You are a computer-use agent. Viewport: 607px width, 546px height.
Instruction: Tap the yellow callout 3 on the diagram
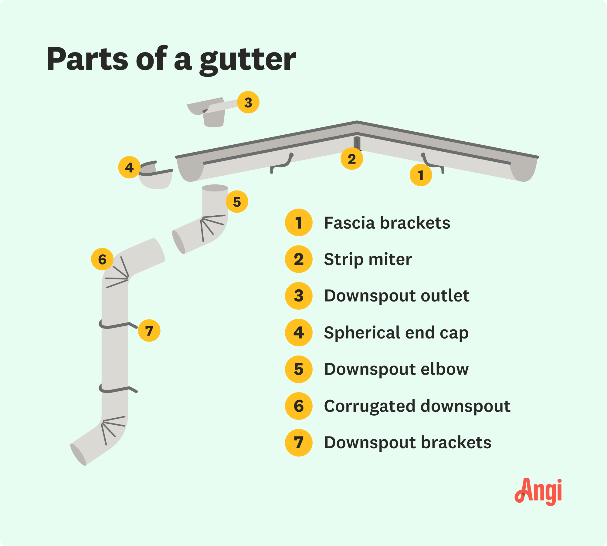(248, 103)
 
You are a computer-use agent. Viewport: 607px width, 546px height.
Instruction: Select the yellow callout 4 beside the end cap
(129, 167)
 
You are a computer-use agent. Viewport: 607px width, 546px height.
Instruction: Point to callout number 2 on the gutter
(352, 159)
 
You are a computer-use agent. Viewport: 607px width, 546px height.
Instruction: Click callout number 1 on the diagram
(421, 175)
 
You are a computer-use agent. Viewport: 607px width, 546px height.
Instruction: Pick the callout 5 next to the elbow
(237, 202)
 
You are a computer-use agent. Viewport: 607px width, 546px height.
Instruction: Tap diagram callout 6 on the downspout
(102, 259)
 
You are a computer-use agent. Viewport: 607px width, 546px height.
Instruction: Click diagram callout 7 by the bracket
(149, 331)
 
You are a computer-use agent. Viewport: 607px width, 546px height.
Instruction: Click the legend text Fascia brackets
(387, 223)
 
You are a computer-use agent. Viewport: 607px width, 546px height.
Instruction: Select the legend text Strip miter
(368, 259)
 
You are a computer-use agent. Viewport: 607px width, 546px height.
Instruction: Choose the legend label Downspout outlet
(397, 296)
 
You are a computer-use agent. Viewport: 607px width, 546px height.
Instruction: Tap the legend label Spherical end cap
(396, 333)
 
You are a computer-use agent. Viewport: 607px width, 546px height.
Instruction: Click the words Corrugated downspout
(417, 406)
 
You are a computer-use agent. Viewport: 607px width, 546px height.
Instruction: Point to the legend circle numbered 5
(299, 369)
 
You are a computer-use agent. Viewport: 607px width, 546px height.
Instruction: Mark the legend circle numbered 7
(299, 443)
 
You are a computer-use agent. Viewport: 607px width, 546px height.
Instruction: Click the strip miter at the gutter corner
(357, 143)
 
